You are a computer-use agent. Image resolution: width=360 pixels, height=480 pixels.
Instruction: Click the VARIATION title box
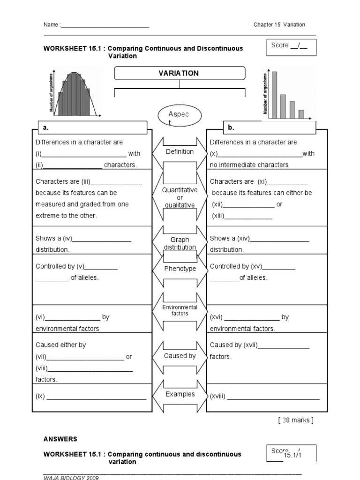click(180, 73)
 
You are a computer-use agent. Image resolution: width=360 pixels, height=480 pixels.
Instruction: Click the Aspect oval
click(180, 116)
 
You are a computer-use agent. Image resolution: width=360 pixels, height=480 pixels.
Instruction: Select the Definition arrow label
click(180, 151)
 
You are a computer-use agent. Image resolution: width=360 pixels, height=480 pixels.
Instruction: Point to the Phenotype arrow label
click(180, 269)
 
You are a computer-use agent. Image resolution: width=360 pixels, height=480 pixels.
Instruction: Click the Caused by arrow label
click(180, 356)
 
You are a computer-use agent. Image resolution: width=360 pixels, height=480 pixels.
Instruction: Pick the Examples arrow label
click(180, 394)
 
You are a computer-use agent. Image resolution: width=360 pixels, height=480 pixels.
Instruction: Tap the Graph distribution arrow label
click(180, 243)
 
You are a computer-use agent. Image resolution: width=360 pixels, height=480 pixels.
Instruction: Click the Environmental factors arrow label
click(180, 310)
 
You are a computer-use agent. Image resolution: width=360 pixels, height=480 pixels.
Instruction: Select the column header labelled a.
click(92, 127)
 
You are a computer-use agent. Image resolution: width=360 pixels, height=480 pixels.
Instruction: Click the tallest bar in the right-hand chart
click(274, 95)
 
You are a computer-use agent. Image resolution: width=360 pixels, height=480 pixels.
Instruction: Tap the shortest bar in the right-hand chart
click(301, 114)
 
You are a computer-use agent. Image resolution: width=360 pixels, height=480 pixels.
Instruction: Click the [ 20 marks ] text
click(295, 420)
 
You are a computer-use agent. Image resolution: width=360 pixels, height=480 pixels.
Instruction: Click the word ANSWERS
click(60, 439)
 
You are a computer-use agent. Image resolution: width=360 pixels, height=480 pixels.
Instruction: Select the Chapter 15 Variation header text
click(279, 25)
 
